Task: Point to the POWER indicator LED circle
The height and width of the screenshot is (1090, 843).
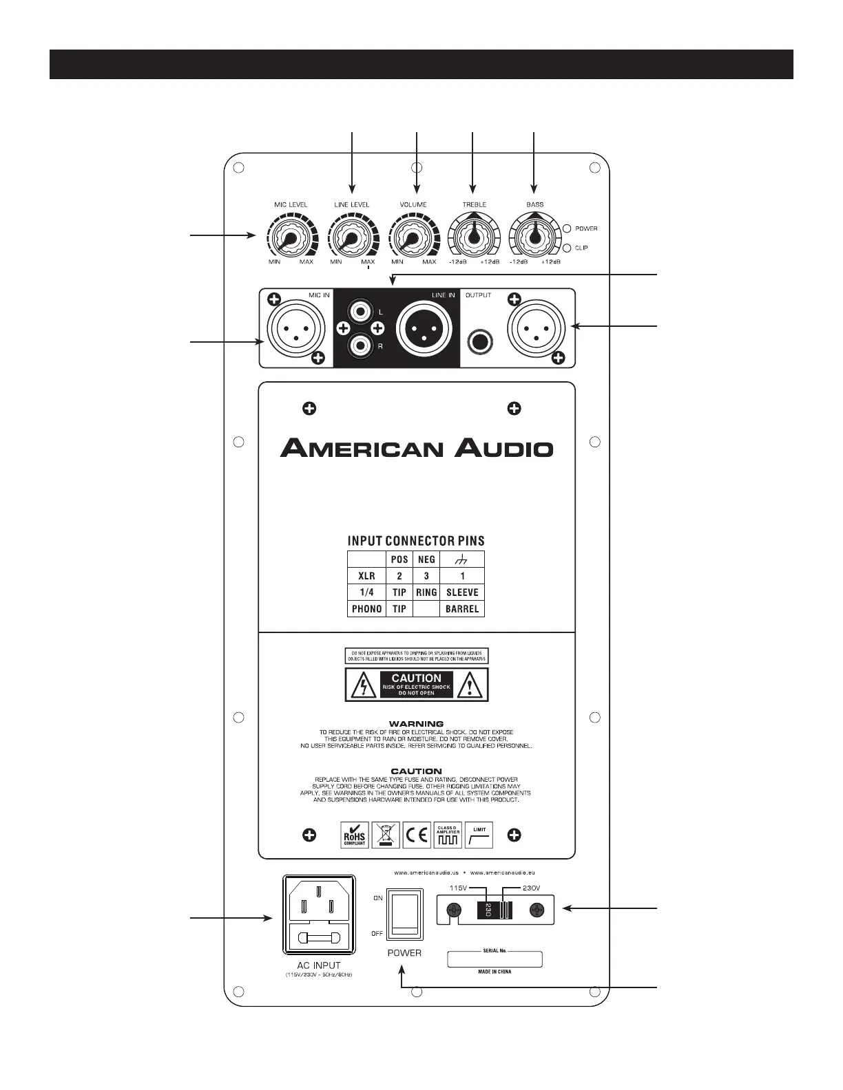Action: pos(568,228)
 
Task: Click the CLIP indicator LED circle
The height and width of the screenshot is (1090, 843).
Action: pos(568,248)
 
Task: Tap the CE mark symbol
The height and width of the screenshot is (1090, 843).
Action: pos(417,835)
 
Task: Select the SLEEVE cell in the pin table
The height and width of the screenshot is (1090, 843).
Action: pos(461,592)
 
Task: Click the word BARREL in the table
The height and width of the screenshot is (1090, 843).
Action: pos(461,608)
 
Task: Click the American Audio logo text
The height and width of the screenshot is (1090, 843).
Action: pos(417,449)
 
